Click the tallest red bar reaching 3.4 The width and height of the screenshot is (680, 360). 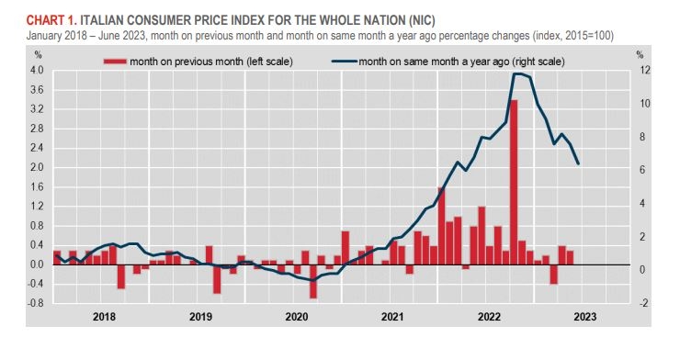coord(514,182)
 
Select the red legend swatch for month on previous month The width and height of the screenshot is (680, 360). coord(115,62)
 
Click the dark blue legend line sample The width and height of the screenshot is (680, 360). coord(345,62)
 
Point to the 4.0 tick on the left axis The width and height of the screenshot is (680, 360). coord(37,70)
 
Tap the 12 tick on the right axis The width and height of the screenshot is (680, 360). coord(645,70)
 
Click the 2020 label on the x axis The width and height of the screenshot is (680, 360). coord(297,317)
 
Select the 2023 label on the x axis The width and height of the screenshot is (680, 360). coord(585,317)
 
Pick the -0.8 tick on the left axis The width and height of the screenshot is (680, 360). coord(35,303)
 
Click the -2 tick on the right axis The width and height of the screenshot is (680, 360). coord(643,303)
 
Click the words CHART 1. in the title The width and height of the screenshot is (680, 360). coord(51,20)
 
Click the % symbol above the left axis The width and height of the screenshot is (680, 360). coord(39,55)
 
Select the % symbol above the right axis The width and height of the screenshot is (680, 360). coord(640,55)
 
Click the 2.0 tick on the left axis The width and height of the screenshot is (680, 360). coord(37,167)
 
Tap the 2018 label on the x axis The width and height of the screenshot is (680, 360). coord(104,317)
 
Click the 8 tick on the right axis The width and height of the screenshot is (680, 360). coord(642,137)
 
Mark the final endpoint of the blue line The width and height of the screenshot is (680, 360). coord(578,164)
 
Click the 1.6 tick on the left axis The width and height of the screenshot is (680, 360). coord(37,186)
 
